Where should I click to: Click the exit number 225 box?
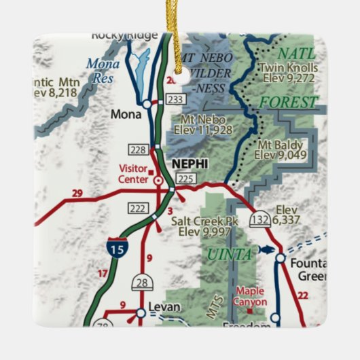click(185, 179)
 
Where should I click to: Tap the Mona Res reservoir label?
click(102, 70)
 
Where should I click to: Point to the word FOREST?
click(288, 103)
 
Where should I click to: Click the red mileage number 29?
click(77, 194)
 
